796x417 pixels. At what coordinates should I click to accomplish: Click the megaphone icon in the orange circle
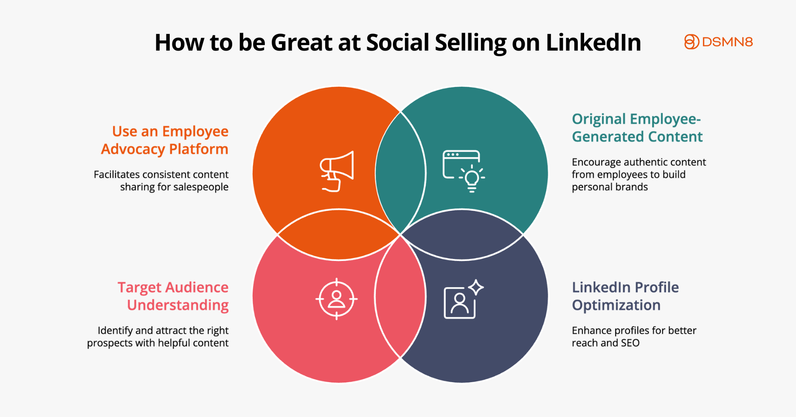(x=337, y=171)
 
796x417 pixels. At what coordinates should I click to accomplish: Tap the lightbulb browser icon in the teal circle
(x=464, y=171)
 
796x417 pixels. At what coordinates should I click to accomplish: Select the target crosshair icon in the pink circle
(x=337, y=299)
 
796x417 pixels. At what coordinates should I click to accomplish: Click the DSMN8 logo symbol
(x=691, y=42)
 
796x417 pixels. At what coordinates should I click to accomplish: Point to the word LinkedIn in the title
(x=593, y=43)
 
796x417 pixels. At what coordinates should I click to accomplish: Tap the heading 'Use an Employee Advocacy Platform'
(x=165, y=140)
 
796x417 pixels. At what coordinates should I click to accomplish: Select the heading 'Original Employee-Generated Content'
(x=637, y=128)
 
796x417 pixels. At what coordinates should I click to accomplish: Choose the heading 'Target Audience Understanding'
(x=173, y=296)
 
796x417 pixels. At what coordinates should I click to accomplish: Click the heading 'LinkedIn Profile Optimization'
(x=625, y=296)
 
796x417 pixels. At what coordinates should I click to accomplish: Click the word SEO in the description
(x=630, y=343)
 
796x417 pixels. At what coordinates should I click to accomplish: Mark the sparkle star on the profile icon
(x=476, y=287)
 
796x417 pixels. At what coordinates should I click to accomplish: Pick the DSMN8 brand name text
(x=727, y=42)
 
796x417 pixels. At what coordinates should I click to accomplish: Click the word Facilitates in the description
(x=117, y=175)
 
